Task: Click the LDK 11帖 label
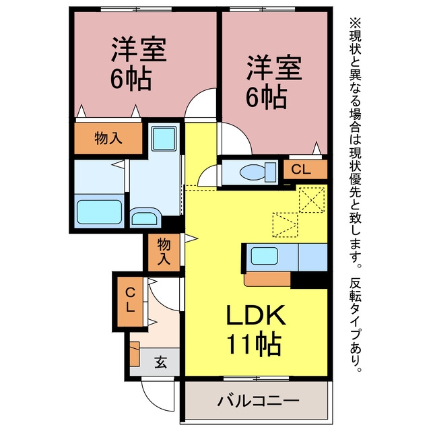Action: tap(255, 331)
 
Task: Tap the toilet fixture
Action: tap(257, 172)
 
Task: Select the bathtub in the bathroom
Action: tap(99, 211)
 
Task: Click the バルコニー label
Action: tap(258, 401)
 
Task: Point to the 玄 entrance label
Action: tap(160, 362)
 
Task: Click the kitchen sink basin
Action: tap(265, 256)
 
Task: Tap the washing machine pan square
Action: tap(164, 138)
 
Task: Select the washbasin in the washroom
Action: tap(145, 218)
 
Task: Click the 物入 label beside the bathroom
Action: tap(108, 138)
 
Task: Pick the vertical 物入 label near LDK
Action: tap(164, 252)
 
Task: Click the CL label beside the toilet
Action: tap(301, 170)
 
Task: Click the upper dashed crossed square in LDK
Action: tap(311, 200)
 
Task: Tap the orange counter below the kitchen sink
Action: tap(267, 279)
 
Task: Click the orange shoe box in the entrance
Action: tap(135, 354)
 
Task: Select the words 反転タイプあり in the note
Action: tap(356, 324)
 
